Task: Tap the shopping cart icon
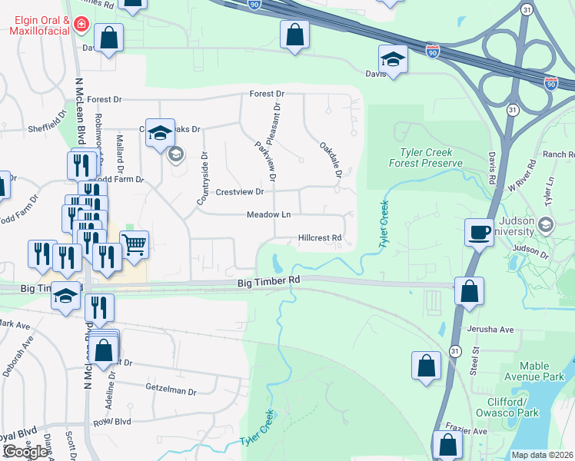click(134, 244)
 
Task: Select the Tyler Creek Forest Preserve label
click(430, 158)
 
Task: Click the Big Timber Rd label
click(268, 283)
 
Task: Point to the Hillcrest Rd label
click(319, 238)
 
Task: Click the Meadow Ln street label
click(268, 215)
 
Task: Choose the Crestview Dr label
click(240, 192)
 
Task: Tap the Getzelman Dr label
click(169, 391)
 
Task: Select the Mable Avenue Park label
click(542, 372)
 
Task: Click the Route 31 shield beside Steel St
click(455, 351)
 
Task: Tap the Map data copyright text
click(542, 455)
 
